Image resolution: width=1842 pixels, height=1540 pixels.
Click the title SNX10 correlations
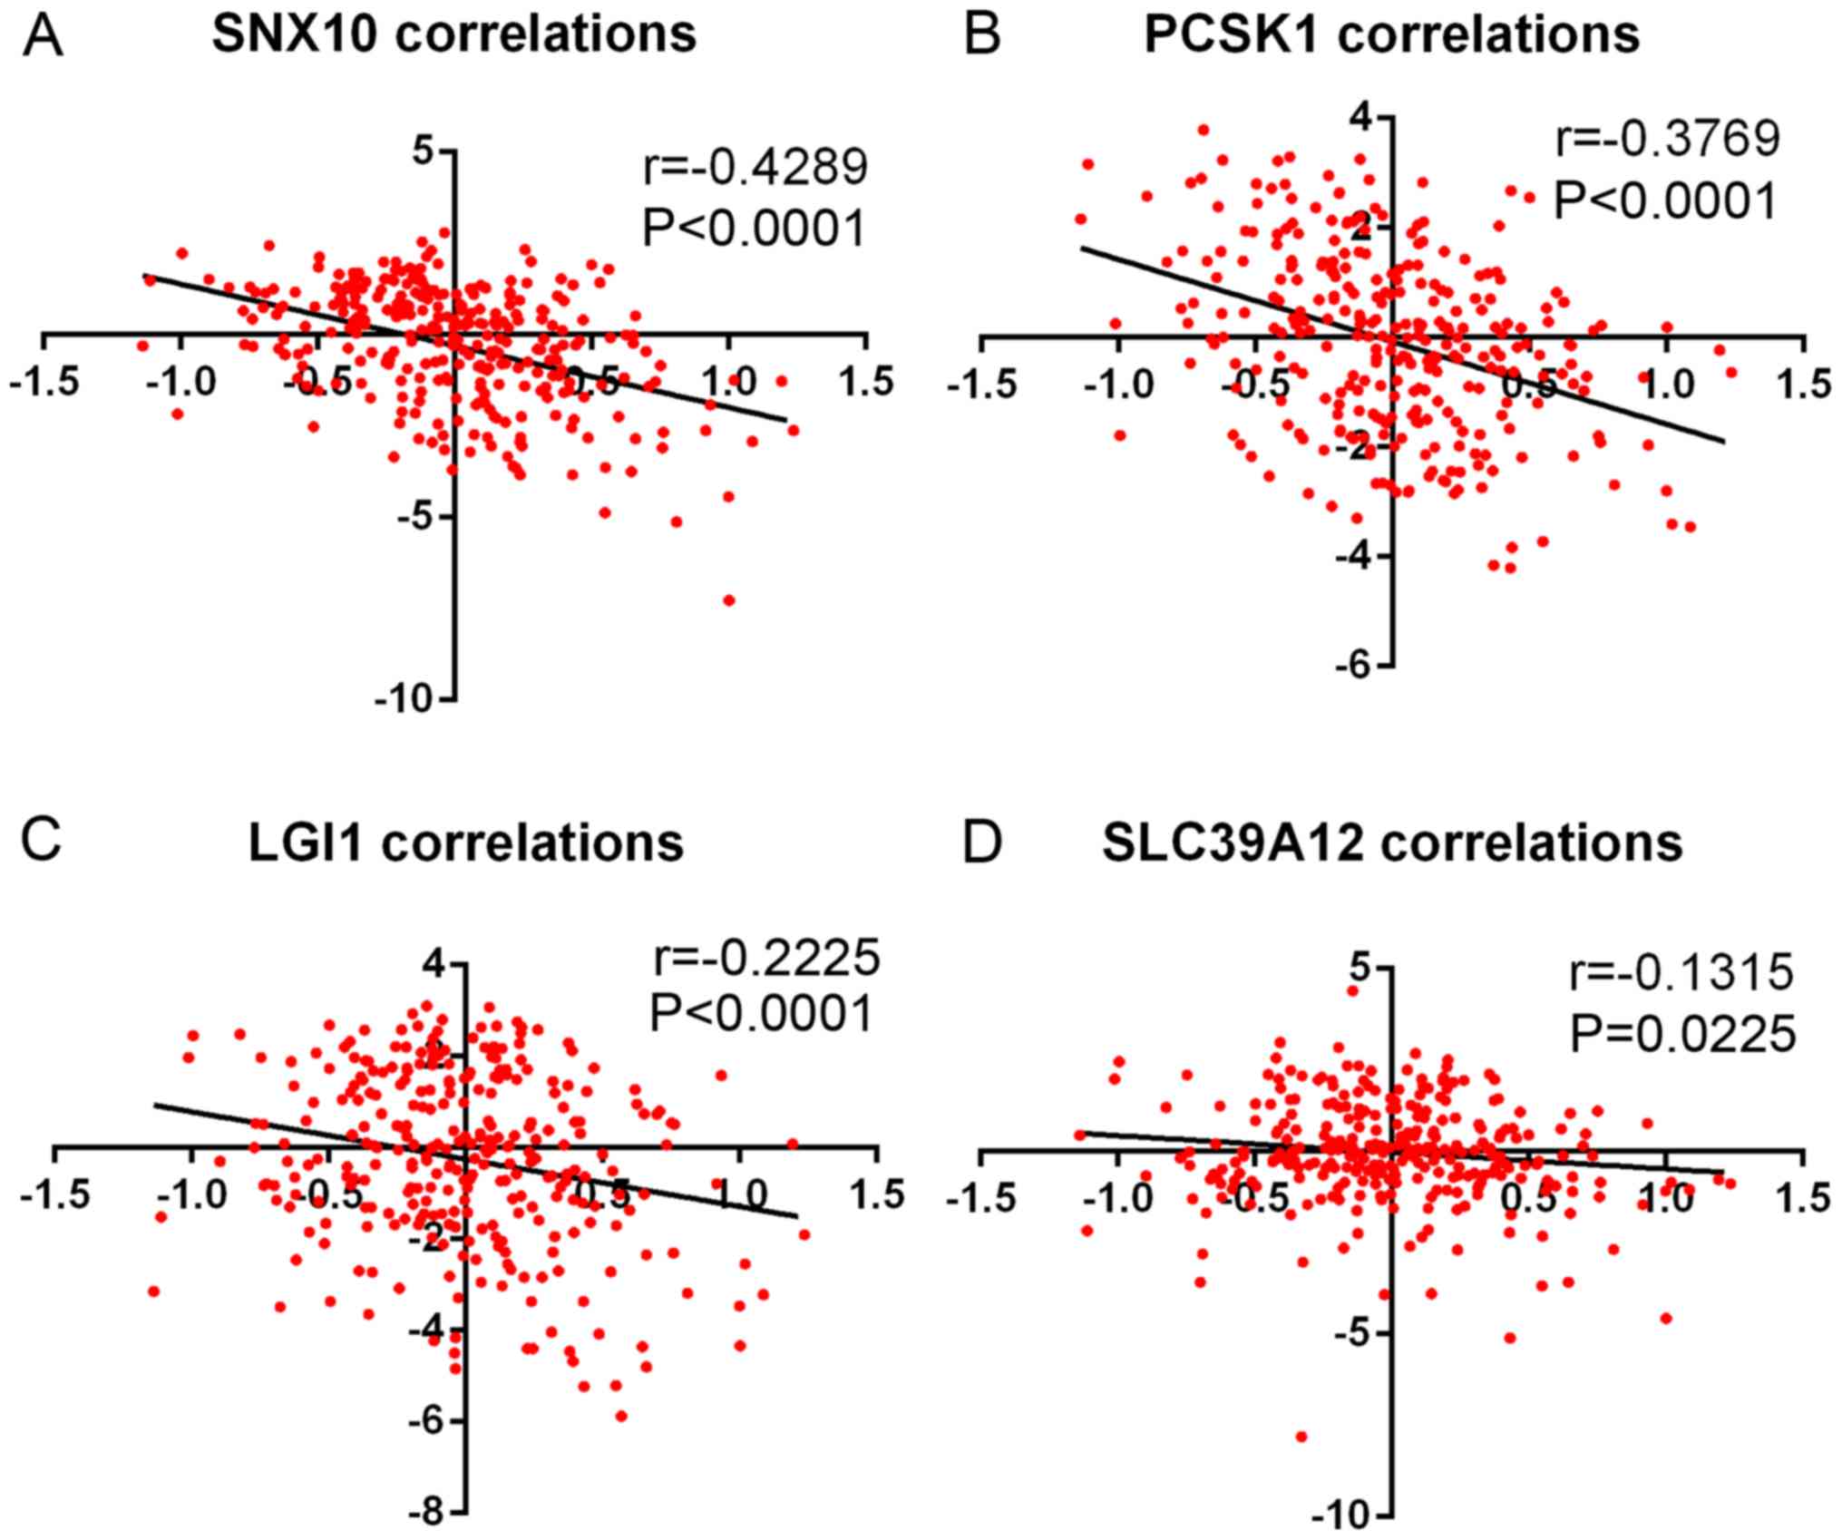pyautogui.click(x=453, y=35)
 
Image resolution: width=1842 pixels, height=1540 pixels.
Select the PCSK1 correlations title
pyautogui.click(x=1391, y=35)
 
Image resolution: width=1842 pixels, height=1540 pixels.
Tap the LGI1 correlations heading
pyautogui.click(x=466, y=843)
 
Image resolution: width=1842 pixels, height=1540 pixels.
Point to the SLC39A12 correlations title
pyautogui.click(x=1392, y=843)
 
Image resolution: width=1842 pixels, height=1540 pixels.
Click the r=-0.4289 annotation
pyautogui.click(x=755, y=168)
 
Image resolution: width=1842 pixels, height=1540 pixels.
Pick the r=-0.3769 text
pyautogui.click(x=1667, y=140)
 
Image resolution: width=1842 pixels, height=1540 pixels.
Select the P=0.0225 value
pyautogui.click(x=1682, y=1034)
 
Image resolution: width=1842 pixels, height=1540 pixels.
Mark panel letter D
pyautogui.click(x=982, y=843)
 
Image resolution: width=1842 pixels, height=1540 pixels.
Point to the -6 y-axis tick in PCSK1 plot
pyautogui.click(x=1350, y=666)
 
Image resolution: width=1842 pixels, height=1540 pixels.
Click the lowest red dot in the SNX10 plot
pyautogui.click(x=728, y=600)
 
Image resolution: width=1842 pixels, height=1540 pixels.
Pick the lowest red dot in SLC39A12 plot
pyautogui.click(x=1301, y=1437)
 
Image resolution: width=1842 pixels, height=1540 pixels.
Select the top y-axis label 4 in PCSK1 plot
pyautogui.click(x=1357, y=118)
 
